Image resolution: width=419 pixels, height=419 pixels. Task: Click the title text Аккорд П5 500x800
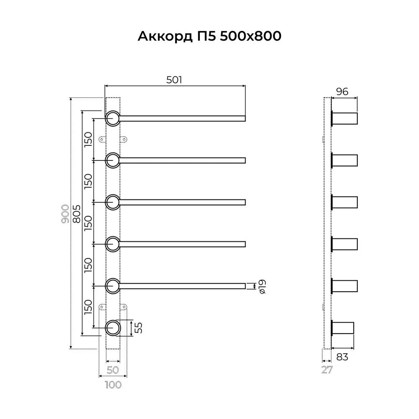point(209,37)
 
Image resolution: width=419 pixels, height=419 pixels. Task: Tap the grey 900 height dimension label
point(65,214)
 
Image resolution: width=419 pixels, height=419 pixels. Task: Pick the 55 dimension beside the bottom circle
point(140,328)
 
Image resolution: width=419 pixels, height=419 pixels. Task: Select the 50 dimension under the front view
point(113,370)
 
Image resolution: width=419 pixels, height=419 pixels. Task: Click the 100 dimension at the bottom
point(113,384)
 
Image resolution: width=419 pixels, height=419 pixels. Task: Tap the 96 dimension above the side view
point(343,92)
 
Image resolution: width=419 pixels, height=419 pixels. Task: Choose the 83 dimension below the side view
point(342,357)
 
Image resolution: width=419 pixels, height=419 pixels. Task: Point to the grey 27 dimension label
point(327,370)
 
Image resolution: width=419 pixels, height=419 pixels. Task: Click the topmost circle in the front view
point(112,119)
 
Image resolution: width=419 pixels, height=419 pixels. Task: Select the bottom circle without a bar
point(112,328)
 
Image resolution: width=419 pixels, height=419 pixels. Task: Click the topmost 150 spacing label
point(88,140)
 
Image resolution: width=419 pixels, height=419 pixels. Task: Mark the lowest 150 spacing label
point(88,307)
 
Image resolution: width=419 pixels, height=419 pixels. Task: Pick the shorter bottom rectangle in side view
point(343,328)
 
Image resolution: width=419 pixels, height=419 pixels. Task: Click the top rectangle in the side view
point(345,119)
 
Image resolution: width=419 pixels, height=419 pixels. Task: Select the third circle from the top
point(112,202)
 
